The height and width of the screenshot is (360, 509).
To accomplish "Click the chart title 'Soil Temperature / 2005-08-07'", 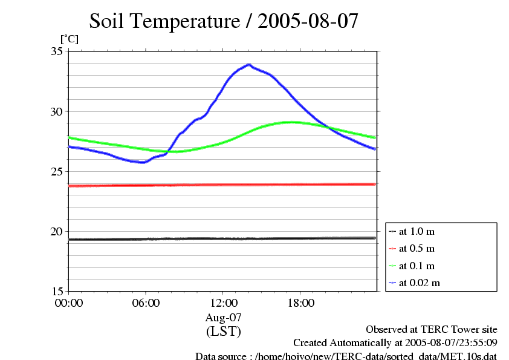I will [224, 21].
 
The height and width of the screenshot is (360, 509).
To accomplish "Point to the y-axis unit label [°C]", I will [69, 39].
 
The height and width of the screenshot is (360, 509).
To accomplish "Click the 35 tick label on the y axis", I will [57, 51].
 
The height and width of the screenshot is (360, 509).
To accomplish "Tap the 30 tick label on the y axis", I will [57, 111].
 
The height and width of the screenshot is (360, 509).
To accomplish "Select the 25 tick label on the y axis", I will [57, 171].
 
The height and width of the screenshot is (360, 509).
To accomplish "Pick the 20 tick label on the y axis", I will [57, 231].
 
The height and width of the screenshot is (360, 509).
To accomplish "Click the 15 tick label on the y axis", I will [57, 291].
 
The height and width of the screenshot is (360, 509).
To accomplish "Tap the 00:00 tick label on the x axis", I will [68, 303].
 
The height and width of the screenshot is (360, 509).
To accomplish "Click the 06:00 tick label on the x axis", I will [146, 303].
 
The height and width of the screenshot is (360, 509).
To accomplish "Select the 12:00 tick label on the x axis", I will [223, 303].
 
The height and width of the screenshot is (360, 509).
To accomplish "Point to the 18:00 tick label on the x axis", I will [300, 303].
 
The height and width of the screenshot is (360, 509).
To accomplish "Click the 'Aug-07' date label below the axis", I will [223, 317].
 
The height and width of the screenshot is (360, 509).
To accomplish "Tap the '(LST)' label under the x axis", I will [223, 331].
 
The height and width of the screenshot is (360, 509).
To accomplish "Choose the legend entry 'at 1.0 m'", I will [417, 231].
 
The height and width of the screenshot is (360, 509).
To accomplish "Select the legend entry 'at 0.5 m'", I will [417, 248].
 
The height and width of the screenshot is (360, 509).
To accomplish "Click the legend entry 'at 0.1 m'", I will [417, 266].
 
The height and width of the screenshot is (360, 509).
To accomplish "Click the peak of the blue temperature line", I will [248, 64].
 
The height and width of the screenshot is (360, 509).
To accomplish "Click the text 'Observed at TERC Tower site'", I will [432, 329].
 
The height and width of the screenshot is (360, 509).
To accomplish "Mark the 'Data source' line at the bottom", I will [346, 356].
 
